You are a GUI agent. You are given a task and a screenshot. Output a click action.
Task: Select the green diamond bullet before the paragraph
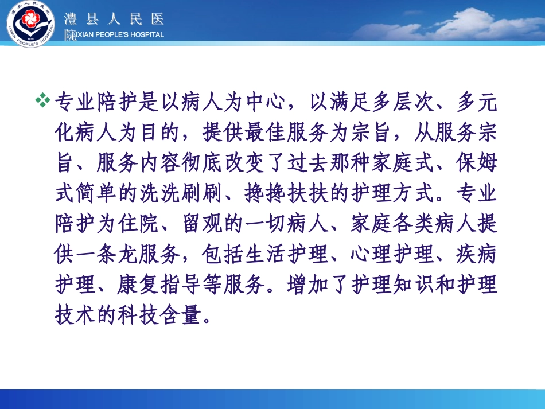[x=43, y=101]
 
